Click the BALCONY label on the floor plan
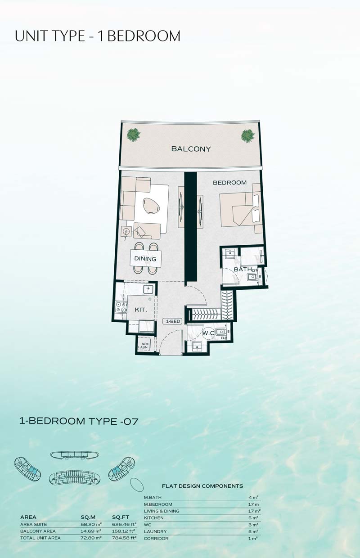pyautogui.click(x=191, y=149)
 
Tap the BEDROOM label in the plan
pyautogui.click(x=229, y=183)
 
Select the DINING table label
pyautogui.click(x=145, y=259)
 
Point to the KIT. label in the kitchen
pyautogui.click(x=141, y=310)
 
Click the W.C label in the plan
pyautogui.click(x=208, y=333)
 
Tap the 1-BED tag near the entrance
pyautogui.click(x=173, y=321)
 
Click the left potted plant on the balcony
pyautogui.click(x=133, y=135)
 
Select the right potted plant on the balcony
pyautogui.click(x=248, y=136)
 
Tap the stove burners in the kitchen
pyautogui.click(x=121, y=307)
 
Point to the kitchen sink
pyautogui.click(x=148, y=289)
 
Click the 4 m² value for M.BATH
pyautogui.click(x=253, y=497)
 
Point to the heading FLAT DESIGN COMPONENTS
pyautogui.click(x=202, y=486)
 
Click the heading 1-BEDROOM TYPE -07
pyautogui.click(x=79, y=421)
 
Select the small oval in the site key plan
pyautogui.click(x=137, y=485)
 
